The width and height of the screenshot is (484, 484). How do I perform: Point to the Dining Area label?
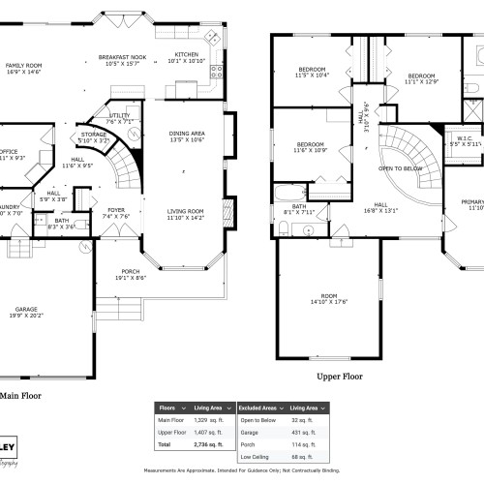[187, 136]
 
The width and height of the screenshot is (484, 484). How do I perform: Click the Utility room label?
[120, 118]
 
